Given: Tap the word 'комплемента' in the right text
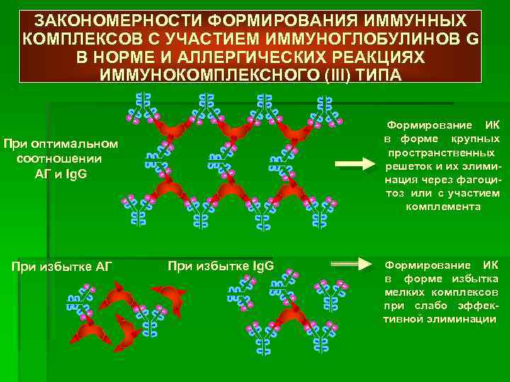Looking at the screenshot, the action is pyautogui.click(x=443, y=207).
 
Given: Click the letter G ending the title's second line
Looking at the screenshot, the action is pyautogui.click(x=472, y=37).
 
